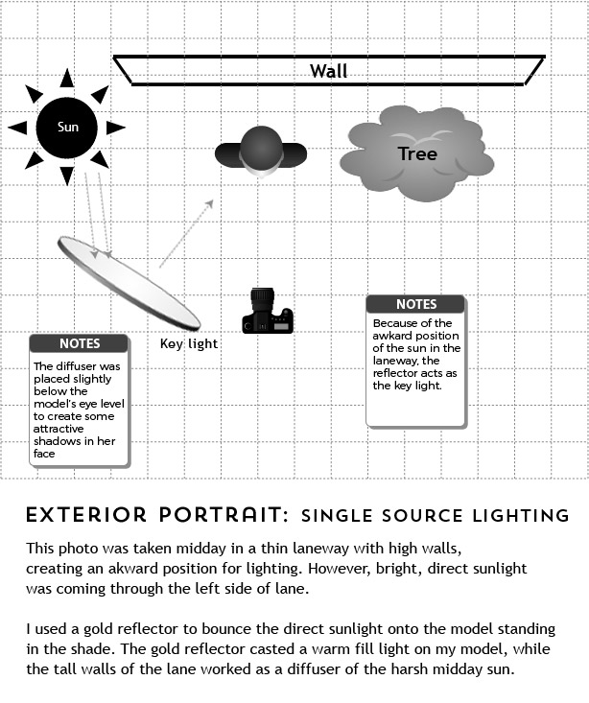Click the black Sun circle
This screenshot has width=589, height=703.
67,127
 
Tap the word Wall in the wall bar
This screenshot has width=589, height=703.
328,70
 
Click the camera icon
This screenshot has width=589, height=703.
267,312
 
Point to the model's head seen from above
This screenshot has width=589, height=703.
260,150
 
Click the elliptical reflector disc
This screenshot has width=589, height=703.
129,281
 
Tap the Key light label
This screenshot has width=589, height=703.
189,343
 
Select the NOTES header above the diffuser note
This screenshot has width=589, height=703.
79,343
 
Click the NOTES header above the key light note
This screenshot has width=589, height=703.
415,304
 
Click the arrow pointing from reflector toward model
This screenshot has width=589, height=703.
185,232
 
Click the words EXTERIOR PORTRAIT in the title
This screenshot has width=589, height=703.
156,515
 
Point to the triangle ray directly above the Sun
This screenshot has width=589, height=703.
67,79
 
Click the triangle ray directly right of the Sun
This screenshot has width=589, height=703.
115,127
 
